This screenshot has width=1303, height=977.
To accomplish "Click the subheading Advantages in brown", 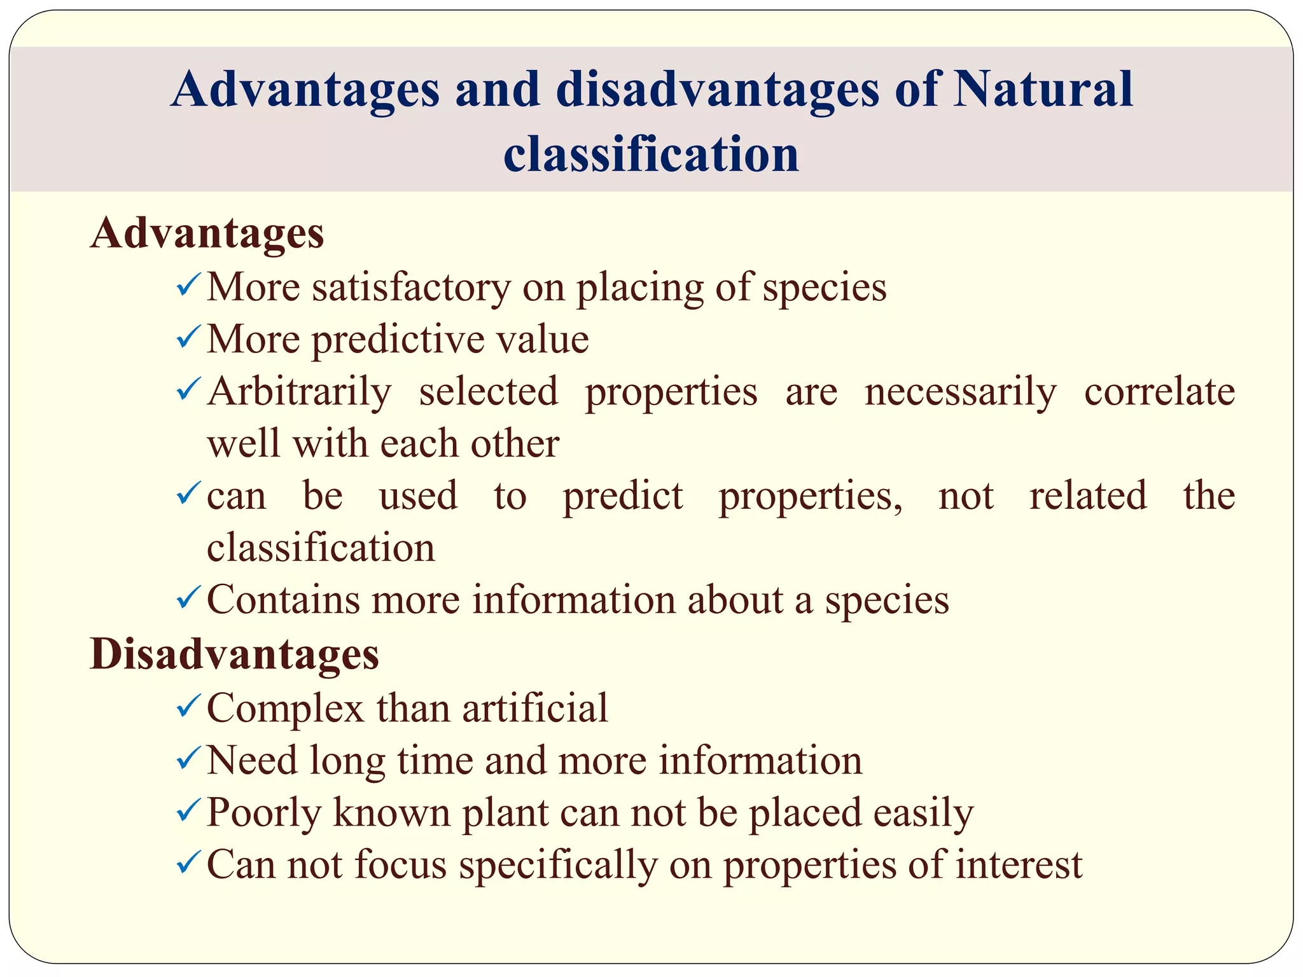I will pos(207,233).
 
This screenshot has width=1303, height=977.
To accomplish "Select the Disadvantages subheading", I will pos(234,654).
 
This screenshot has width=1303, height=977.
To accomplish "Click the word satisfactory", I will pos(411,287).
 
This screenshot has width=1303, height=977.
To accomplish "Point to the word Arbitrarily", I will pos(299,391).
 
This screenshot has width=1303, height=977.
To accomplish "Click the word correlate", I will pos(1159,391).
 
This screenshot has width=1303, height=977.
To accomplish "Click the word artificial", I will pos(534,707).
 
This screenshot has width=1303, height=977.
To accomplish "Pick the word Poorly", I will pos(263,814).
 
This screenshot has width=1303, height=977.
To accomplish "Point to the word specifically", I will pos(558,866).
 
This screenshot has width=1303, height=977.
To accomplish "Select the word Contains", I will pos(283,600).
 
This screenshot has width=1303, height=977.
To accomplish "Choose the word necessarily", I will pos(960,392).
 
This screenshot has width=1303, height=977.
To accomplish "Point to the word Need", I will pos(252,760).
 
